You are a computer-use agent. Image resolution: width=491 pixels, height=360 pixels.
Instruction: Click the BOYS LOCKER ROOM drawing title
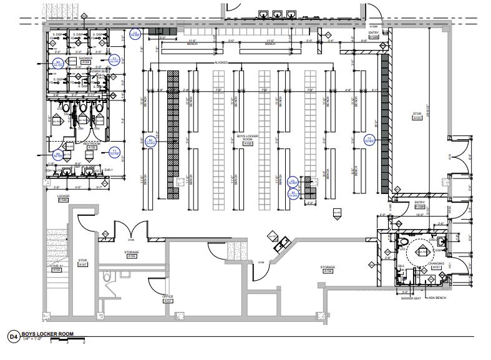click(47, 334)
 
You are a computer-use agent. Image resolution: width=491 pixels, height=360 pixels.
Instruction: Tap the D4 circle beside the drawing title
click(12, 337)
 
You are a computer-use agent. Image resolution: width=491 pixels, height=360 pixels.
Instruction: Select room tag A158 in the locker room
click(248, 144)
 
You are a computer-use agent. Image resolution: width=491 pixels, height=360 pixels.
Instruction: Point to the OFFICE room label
click(168, 296)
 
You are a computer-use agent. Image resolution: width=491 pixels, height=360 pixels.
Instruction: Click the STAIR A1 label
click(57, 266)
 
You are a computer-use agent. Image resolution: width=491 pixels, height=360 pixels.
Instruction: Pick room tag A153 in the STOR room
click(417, 119)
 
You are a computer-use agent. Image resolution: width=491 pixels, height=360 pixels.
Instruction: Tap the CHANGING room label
click(436, 263)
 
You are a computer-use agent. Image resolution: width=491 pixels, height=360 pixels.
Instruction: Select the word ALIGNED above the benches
click(221, 63)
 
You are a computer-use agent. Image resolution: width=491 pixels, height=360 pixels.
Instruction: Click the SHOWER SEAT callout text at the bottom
click(412, 298)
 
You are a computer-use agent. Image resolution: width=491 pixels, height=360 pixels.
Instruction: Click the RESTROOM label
click(92, 143)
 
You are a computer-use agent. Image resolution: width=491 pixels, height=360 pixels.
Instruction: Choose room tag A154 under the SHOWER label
click(86, 62)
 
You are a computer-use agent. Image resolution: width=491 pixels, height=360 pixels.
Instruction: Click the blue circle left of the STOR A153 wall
click(369, 139)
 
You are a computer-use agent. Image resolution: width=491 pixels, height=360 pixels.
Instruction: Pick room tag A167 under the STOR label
click(83, 265)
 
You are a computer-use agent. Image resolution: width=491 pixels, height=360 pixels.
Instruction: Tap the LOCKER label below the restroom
click(62, 195)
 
